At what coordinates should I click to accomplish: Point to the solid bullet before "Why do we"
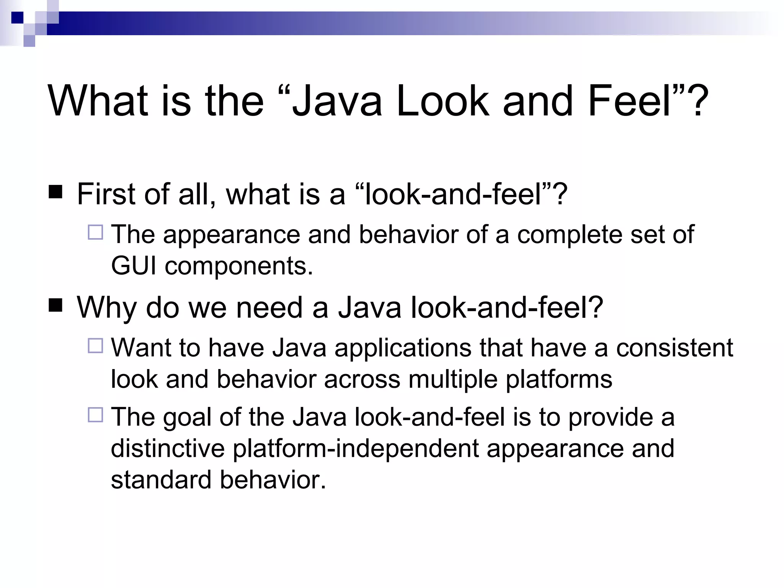56,305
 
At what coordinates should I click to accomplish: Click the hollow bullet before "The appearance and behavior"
95,232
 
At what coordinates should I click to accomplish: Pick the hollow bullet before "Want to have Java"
95,346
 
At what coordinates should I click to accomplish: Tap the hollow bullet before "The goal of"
95,415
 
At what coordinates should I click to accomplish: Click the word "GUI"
134,266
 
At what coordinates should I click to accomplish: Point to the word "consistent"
675,348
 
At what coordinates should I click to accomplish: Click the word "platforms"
559,380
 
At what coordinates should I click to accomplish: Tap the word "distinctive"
168,448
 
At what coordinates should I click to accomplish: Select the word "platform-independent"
356,449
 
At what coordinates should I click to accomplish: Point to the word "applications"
403,348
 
